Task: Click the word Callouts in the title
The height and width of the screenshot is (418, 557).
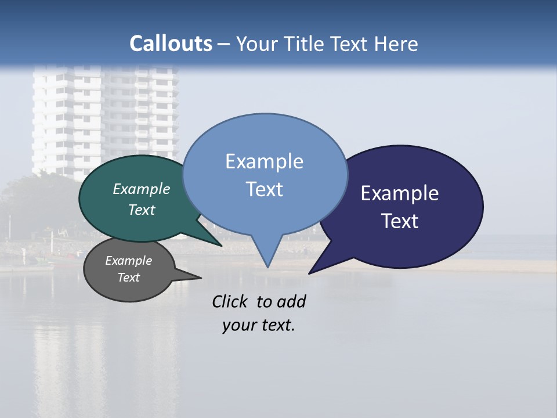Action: pos(171,44)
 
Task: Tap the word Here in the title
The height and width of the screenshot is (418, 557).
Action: pos(396,44)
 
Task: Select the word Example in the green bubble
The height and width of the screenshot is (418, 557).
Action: pos(141,189)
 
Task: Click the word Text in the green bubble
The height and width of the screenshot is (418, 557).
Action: pos(141,210)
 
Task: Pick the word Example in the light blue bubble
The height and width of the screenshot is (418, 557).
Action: pos(264,161)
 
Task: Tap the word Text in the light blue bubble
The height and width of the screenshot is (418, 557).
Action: pos(264,189)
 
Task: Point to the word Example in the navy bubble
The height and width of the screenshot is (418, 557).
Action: pos(400,193)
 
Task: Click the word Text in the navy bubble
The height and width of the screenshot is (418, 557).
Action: pos(400,221)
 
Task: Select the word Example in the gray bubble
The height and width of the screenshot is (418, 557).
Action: pos(128,261)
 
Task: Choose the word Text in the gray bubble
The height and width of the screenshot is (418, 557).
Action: pos(128,278)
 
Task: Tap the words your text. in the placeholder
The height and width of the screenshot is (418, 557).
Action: pos(258,325)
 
